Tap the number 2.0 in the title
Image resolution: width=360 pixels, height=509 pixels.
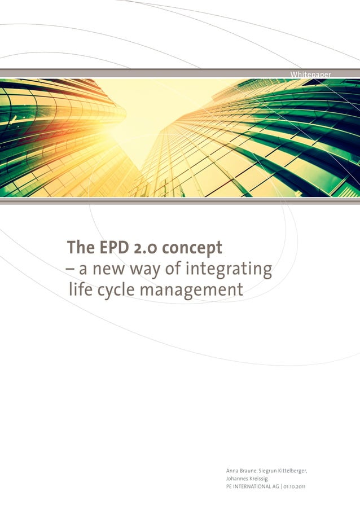142,248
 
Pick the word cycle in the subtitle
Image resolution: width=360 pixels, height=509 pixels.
112,291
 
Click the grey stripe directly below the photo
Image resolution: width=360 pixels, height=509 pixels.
180,201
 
